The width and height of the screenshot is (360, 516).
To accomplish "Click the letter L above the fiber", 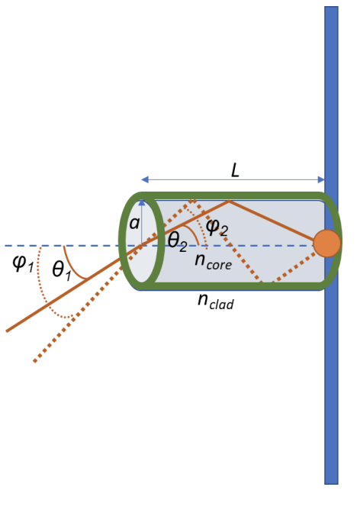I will click(235, 170).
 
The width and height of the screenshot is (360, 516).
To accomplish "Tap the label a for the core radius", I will click(134, 224).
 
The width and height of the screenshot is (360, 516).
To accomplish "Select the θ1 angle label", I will click(62, 269).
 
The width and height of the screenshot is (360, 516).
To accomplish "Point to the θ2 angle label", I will click(177, 242).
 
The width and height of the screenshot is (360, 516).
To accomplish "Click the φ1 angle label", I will click(22, 263).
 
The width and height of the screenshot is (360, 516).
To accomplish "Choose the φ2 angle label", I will click(217, 228).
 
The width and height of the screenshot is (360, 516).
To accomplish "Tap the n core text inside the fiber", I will click(213, 260).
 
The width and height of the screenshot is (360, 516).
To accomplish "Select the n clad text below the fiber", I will click(216, 301).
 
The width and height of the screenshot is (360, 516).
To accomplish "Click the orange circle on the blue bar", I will click(326, 243).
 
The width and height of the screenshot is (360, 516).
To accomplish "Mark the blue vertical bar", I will click(331, 382).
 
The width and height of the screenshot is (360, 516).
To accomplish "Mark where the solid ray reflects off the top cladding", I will click(229, 202).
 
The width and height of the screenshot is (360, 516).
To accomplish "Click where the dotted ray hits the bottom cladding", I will click(262, 284).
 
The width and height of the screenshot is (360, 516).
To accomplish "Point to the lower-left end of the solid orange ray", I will click(7, 331).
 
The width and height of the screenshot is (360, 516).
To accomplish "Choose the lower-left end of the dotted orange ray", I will click(34, 361).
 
